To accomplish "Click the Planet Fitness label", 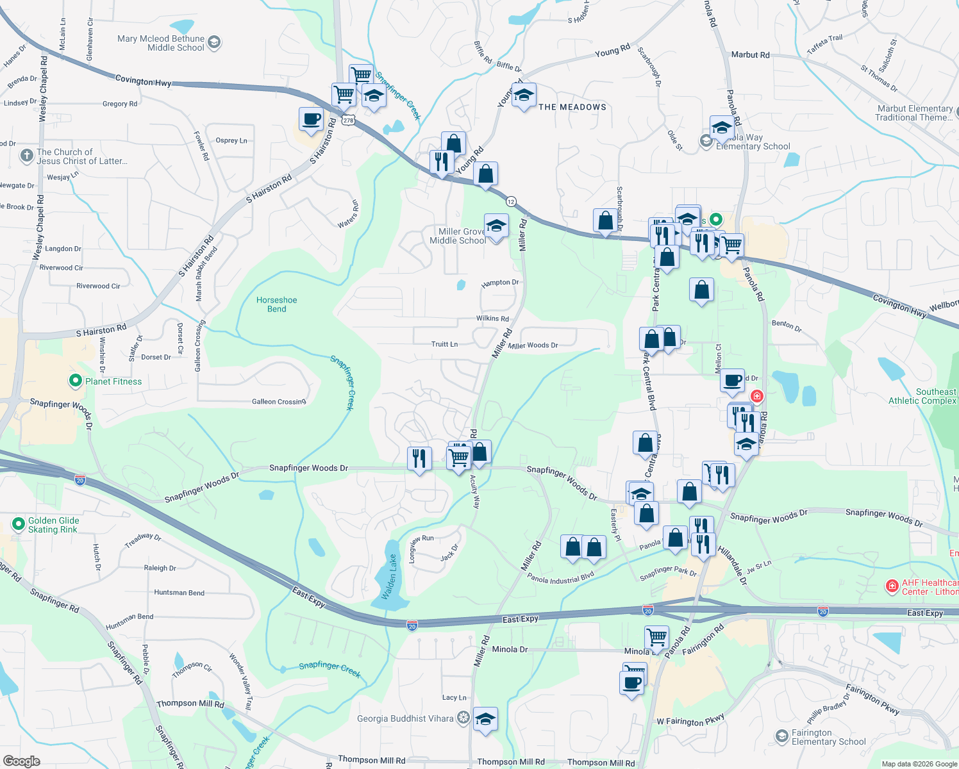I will (113, 381).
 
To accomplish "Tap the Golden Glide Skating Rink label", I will (53, 525).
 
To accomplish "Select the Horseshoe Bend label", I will (276, 304).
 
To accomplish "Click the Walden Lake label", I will (390, 577).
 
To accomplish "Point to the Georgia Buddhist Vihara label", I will (405, 718).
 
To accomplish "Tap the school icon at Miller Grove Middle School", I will (496, 226).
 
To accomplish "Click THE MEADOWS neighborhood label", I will (572, 107).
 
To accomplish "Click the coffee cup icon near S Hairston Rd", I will (312, 119).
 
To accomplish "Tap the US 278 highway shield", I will (348, 120).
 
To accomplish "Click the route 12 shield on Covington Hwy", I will (511, 201).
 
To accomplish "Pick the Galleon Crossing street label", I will (279, 402).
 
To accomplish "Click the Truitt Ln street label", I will (444, 344).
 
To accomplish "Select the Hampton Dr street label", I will (500, 283).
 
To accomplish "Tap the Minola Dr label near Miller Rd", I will (510, 649).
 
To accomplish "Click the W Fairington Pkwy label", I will (690, 720).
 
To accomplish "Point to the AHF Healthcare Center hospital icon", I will (891, 586).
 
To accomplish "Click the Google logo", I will (22, 761).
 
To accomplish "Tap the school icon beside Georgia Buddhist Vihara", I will (485, 719).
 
